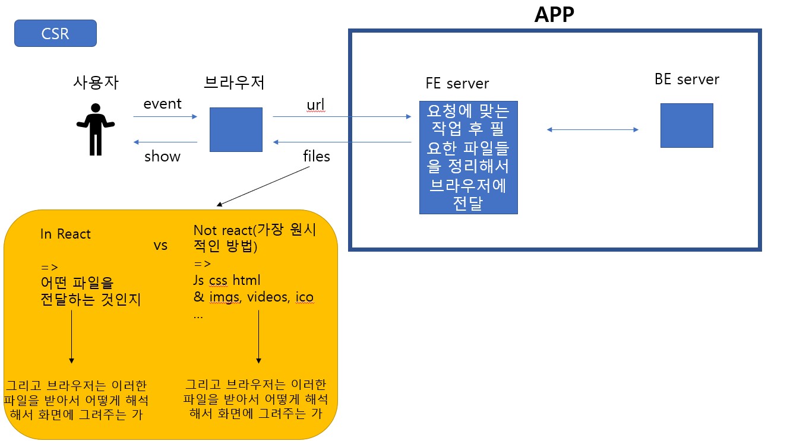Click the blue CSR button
coord(55,33)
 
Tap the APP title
coord(554,15)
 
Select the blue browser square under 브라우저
coord(236,129)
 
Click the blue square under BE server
coord(686,125)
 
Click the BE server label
coord(687,80)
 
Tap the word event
coord(162,104)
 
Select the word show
coord(162,157)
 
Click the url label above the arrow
coord(315,104)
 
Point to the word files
coord(316,157)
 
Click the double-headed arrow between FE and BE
coord(592,129)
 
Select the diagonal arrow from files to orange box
coord(264,186)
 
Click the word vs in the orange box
coord(160,245)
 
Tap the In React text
coord(65,234)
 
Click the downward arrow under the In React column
coord(72,335)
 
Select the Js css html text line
coord(227,280)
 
